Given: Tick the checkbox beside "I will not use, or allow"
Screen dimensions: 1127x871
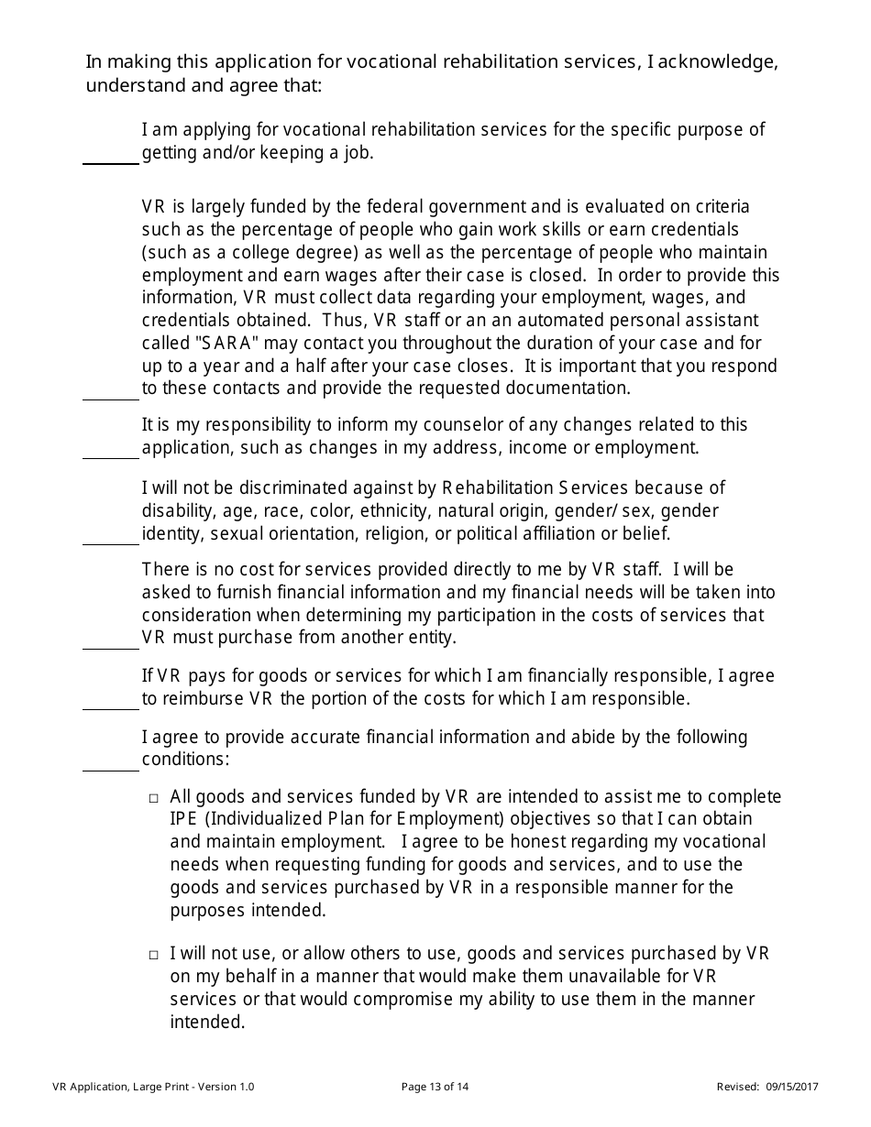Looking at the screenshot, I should (154, 955).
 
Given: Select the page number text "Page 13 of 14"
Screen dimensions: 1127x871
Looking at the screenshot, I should (435, 1088).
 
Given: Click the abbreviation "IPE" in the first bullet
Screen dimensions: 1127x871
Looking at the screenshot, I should (183, 818).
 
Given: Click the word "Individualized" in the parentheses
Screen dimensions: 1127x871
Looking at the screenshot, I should (259, 818).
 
